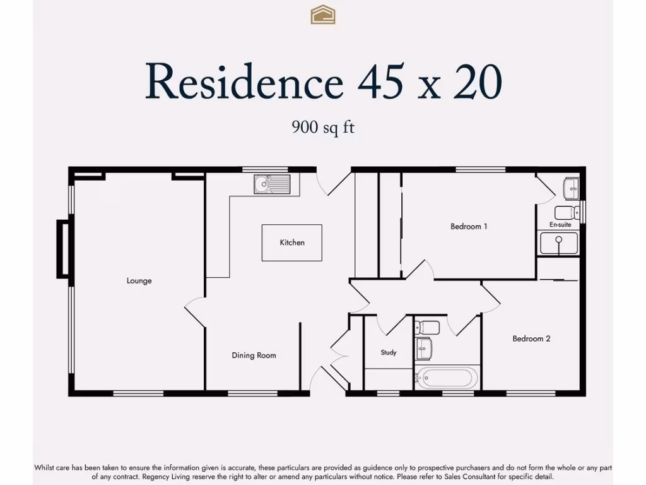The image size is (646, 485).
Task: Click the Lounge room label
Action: [139, 281]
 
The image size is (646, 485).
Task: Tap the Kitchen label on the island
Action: [292, 242]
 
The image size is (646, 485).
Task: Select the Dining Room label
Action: [254, 356]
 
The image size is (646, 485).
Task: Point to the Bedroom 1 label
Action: [469, 226]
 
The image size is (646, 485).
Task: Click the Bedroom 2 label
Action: [531, 339]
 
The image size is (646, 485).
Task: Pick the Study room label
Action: [389, 352]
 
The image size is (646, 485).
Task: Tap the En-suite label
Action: [560, 225]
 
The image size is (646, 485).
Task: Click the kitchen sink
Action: [272, 184]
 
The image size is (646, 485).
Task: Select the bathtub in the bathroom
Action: [447, 378]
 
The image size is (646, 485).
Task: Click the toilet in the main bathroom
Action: [429, 327]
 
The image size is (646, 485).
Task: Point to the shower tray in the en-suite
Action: [558, 243]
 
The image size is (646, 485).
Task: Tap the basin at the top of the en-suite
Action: [571, 187]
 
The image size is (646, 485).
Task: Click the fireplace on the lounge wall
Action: [62, 248]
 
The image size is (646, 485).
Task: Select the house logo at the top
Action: [323, 15]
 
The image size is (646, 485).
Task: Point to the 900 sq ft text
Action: [323, 127]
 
